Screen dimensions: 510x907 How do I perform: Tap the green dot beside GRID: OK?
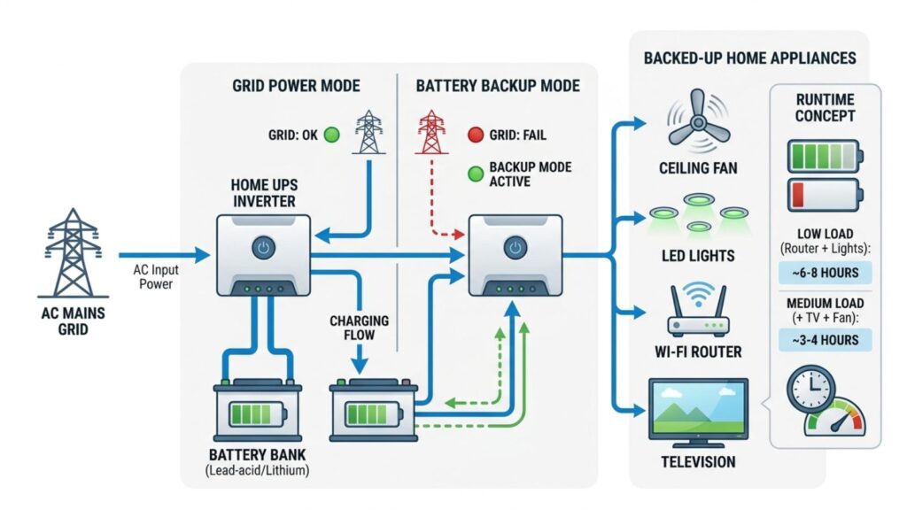331,135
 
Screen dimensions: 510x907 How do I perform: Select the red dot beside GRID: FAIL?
475,135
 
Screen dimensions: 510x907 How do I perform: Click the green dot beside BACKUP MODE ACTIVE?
475,174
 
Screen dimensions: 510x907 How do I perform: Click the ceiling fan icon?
698,125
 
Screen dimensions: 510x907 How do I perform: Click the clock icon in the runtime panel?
810,389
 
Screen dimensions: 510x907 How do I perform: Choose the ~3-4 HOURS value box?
825,340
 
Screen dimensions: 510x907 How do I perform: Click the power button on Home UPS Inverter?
262,247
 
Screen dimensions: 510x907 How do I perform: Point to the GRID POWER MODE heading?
296,86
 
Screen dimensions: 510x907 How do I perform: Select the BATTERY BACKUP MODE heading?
498,86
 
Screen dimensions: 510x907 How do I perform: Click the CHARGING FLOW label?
359,328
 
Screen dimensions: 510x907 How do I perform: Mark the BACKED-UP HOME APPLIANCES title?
749,58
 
